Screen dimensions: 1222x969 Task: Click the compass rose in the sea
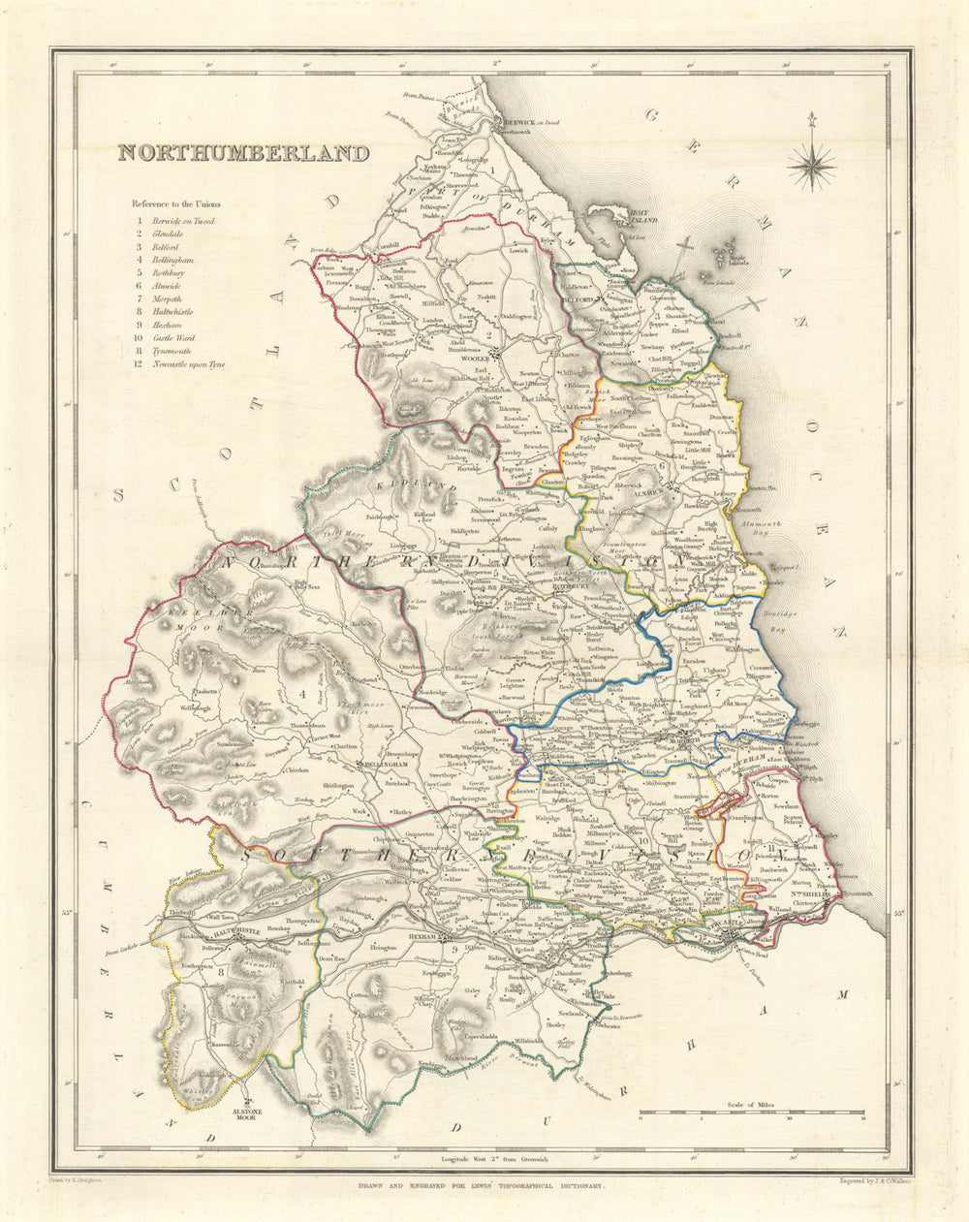click(811, 164)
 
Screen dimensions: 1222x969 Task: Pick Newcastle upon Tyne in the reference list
click(194, 363)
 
